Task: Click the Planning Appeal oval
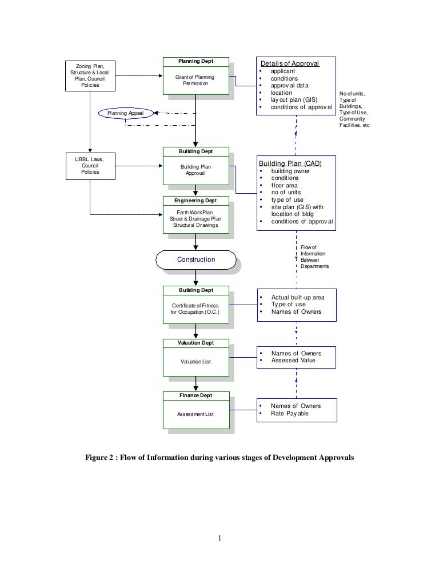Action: pyautogui.click(x=126, y=113)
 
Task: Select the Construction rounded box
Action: pyautogui.click(x=196, y=259)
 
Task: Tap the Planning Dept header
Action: pyautogui.click(x=196, y=61)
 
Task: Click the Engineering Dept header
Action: pyautogui.click(x=196, y=201)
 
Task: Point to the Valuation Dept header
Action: pyautogui.click(x=196, y=343)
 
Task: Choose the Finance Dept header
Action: pyautogui.click(x=196, y=395)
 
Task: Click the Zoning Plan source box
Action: pyautogui.click(x=90, y=75)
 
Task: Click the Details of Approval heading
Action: pyautogui.click(x=290, y=63)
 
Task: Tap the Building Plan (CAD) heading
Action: pyautogui.click(x=290, y=163)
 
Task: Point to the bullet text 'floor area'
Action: pyautogui.click(x=284, y=186)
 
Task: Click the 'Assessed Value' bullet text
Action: pyautogui.click(x=293, y=361)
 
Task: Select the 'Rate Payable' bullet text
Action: pyautogui.click(x=289, y=413)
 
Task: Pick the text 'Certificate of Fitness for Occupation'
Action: pyautogui.click(x=195, y=309)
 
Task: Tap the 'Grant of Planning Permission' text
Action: pyautogui.click(x=195, y=80)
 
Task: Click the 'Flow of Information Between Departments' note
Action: pyautogui.click(x=314, y=257)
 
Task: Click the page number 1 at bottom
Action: pyautogui.click(x=219, y=537)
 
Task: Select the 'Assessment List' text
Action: pyautogui.click(x=195, y=414)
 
